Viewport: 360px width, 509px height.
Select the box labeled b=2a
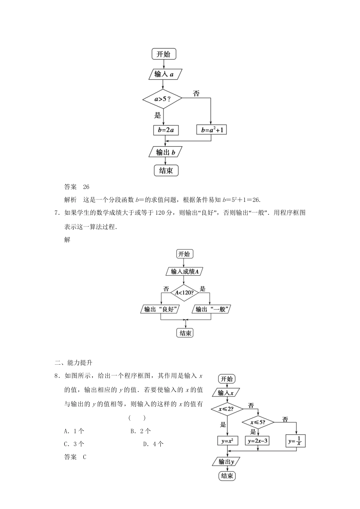(166, 130)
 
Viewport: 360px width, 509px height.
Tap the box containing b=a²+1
(211, 130)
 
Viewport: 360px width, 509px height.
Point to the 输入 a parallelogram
(164, 74)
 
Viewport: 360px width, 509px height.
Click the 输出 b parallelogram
(166, 152)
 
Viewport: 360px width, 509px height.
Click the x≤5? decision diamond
(258, 422)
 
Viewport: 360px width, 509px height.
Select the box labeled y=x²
(227, 441)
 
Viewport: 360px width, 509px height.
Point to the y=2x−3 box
(258, 441)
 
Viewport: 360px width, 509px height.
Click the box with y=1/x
(296, 441)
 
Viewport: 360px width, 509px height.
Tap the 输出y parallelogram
(227, 462)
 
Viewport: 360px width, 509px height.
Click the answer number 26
(86, 187)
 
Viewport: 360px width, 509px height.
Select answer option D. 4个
(153, 444)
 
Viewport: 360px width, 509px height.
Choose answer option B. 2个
(140, 431)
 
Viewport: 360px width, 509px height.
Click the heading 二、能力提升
(74, 362)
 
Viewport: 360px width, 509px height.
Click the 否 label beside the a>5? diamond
(196, 94)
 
